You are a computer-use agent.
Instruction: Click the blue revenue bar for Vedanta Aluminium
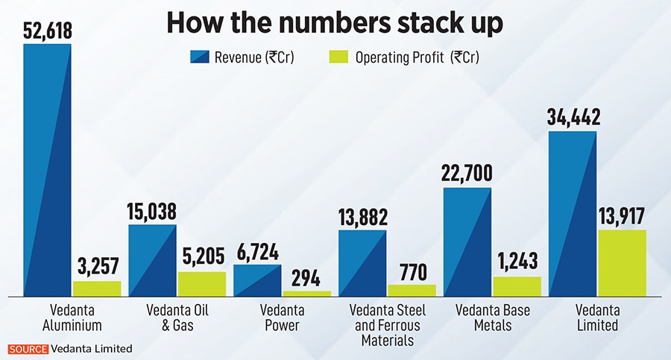point(47,171)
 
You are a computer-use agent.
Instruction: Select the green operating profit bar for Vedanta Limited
point(622,264)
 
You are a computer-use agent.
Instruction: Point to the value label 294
point(306,279)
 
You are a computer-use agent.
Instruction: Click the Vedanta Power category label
point(281,318)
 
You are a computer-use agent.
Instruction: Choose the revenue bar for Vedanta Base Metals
point(467,242)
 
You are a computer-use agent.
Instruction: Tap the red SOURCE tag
point(28,348)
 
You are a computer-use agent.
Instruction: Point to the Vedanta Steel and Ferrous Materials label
point(387,326)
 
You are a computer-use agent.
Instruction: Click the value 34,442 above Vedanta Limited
point(573,116)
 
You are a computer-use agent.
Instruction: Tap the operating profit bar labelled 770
point(412,291)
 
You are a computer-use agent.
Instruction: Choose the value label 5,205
point(201,258)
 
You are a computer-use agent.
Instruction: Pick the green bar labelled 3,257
point(96,289)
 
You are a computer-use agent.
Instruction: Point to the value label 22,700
point(467,172)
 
